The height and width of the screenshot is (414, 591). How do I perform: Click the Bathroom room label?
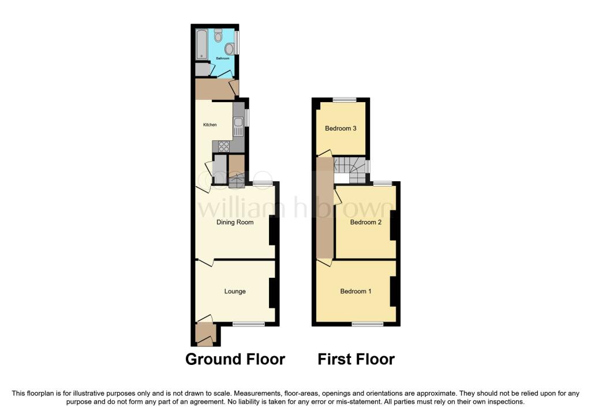pyautogui.click(x=222, y=58)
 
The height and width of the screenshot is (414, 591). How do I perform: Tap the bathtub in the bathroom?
pyautogui.click(x=201, y=44)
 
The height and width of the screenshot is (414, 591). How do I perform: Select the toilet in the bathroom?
pyautogui.click(x=218, y=36)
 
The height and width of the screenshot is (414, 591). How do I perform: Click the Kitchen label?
pyautogui.click(x=210, y=125)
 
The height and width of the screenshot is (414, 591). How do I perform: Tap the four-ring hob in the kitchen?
pyautogui.click(x=223, y=146)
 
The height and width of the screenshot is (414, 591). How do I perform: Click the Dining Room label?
pyautogui.click(x=235, y=222)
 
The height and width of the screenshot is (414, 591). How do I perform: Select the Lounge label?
pyautogui.click(x=235, y=292)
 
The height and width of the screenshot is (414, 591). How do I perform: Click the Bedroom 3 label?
pyautogui.click(x=341, y=129)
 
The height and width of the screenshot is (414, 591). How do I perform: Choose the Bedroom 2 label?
pyautogui.click(x=365, y=222)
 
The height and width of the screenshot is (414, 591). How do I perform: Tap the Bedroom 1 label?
pyautogui.click(x=356, y=292)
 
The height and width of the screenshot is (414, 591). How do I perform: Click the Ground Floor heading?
pyautogui.click(x=235, y=359)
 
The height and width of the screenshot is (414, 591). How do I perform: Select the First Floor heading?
pyautogui.click(x=356, y=359)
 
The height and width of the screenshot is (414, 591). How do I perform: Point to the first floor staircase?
pyautogui.click(x=350, y=170)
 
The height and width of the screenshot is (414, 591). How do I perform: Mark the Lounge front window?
pyautogui.click(x=249, y=324)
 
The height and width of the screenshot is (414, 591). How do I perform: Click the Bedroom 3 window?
pyautogui.click(x=345, y=100)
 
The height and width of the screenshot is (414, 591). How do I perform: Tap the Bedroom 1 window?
pyautogui.click(x=368, y=324)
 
